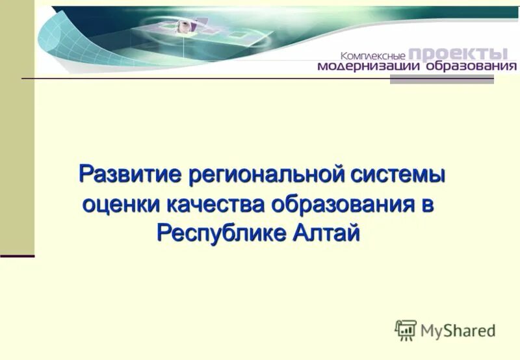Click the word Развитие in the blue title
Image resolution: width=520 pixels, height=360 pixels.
pos(130,175)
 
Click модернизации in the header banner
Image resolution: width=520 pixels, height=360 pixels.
pos(369,66)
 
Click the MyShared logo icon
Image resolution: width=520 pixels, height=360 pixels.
pos(406,330)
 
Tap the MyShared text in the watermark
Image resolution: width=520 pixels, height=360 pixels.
pos(458,331)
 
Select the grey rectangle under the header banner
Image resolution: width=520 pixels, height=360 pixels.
pos(441,79)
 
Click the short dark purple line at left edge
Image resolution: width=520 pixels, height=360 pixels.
pos(17,256)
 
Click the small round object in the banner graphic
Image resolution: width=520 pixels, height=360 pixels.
pos(183,26)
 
